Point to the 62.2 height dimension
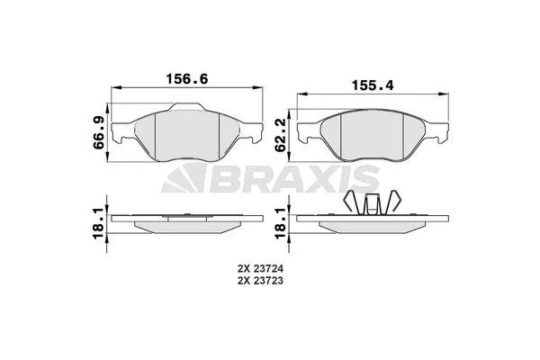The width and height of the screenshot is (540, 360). (281, 135)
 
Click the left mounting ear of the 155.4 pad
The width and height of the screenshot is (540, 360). (303, 136)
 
